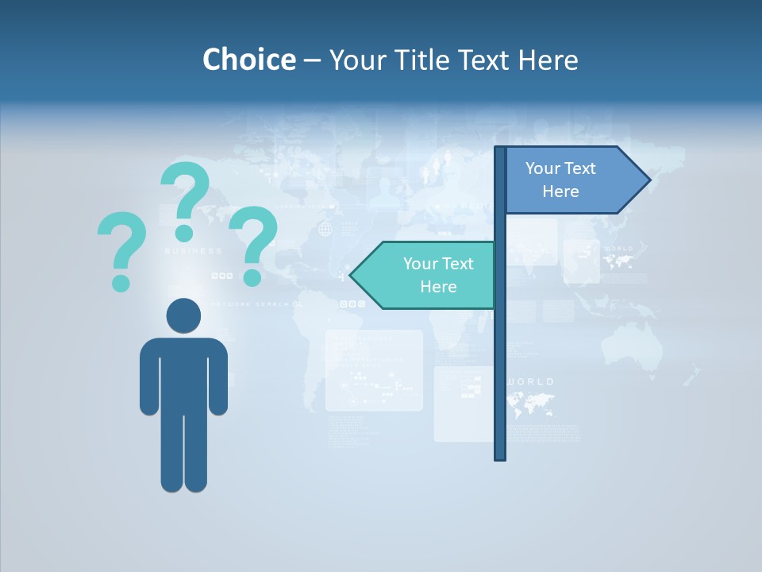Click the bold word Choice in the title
click(248, 60)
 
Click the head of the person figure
click(183, 315)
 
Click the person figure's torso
click(183, 373)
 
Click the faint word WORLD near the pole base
click(530, 382)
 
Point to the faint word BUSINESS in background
click(194, 251)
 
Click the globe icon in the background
click(325, 230)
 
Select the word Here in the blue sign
click(560, 191)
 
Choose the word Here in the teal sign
click(438, 287)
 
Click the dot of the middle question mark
click(184, 232)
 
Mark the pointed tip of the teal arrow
click(352, 276)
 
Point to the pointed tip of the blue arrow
click(649, 180)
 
